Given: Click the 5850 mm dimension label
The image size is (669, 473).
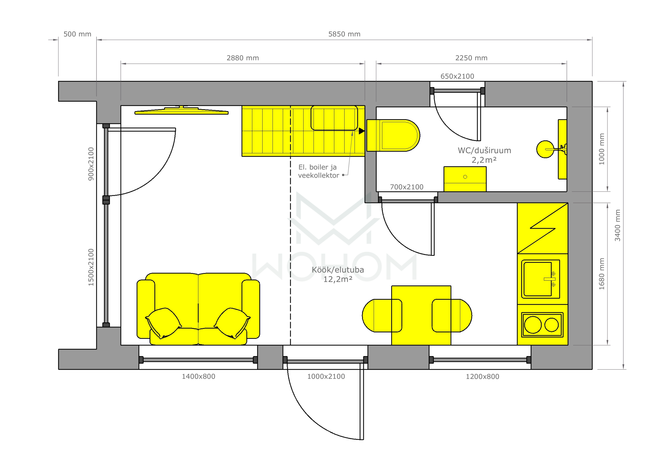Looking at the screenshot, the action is click(x=344, y=34).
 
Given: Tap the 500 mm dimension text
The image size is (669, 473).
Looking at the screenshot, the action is click(x=77, y=34).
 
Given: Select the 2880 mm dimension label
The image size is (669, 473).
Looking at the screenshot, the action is click(x=243, y=58).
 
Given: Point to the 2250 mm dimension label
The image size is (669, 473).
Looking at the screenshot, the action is click(x=471, y=58).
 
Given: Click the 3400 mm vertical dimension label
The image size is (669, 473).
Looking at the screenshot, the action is click(x=618, y=225).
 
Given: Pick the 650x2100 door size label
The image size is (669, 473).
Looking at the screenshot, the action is click(x=457, y=76).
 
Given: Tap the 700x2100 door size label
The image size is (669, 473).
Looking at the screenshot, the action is click(x=406, y=187).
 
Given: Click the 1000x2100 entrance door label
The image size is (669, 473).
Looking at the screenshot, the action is click(x=326, y=376).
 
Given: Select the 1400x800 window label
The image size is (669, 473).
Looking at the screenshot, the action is click(x=198, y=376).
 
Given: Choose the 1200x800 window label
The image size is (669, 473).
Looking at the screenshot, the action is click(x=482, y=376).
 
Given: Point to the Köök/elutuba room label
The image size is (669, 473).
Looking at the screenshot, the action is click(x=338, y=270).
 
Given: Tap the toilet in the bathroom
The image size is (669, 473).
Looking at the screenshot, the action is click(x=393, y=135).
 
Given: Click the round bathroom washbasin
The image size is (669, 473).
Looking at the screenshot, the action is click(x=545, y=149).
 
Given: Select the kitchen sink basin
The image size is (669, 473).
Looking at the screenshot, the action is click(x=538, y=279).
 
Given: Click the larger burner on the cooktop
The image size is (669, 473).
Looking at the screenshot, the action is click(x=533, y=325).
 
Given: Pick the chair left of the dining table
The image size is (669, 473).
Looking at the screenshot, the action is click(x=382, y=316).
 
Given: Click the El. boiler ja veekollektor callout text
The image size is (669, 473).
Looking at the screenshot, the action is click(x=319, y=171).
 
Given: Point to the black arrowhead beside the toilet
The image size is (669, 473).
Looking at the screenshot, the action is click(x=362, y=131).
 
